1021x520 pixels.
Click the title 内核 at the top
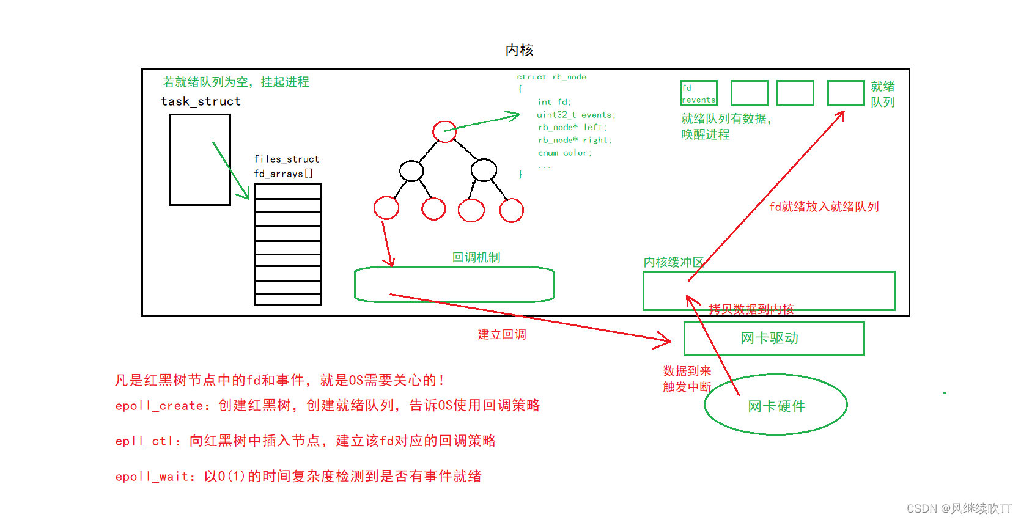point(519,50)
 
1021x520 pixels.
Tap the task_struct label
point(201,101)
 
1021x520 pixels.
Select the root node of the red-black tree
point(444,131)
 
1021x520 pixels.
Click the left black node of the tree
point(411,170)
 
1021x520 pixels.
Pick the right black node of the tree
point(484,170)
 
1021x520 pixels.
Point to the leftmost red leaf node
point(386,208)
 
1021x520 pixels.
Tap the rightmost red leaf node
point(511,210)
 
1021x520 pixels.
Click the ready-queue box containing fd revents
point(698,93)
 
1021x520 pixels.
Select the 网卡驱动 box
point(773,339)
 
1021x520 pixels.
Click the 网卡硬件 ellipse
point(776,405)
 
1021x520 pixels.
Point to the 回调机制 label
point(476,257)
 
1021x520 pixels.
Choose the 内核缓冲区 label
point(673,262)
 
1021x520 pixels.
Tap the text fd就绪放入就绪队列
point(824,207)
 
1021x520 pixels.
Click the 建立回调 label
point(502,334)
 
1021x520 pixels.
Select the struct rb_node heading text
point(551,77)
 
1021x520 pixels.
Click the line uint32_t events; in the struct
point(576,115)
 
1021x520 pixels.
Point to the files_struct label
point(286,159)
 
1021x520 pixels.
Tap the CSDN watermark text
point(958,508)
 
